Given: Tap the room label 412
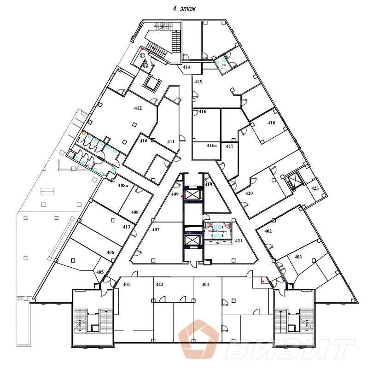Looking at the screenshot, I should click(138, 108).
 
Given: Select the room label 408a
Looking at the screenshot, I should click(122, 186).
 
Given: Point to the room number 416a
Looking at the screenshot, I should click(211, 146).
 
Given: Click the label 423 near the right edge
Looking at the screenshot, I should click(315, 188).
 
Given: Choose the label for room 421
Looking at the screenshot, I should click(239, 241).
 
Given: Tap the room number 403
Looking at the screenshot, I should click(298, 257).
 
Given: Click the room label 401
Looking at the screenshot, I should click(127, 285).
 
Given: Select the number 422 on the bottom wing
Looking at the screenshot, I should click(159, 285).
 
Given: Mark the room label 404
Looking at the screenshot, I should click(205, 285).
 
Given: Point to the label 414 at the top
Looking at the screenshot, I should click(186, 67).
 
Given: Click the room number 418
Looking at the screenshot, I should click(271, 123).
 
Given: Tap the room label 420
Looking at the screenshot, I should click(249, 193).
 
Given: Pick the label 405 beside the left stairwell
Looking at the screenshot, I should click(100, 272).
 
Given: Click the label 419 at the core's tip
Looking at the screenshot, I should click(208, 185).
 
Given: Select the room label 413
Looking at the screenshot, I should click(126, 227).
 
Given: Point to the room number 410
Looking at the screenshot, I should click(143, 141).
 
